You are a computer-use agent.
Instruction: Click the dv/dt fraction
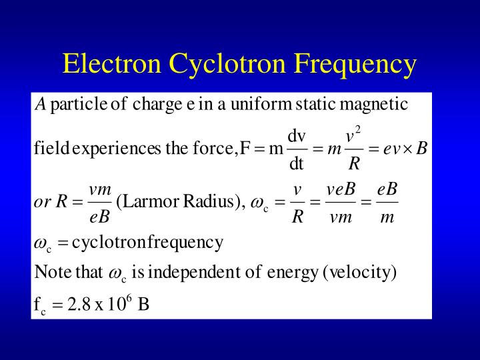[297, 148]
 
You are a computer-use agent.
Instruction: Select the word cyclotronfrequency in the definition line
[147, 242]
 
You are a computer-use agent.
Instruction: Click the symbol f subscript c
[39, 306]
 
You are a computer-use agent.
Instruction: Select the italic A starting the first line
[40, 105]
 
